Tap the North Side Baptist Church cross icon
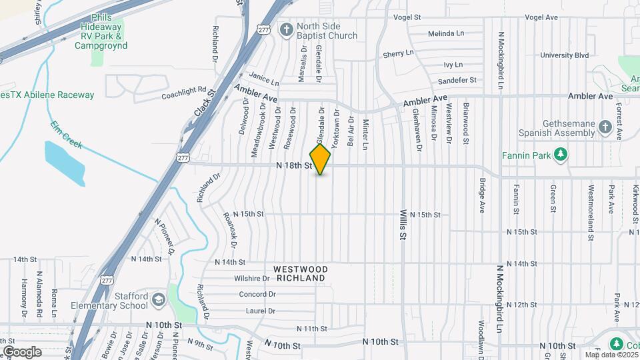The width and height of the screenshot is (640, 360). point(287,29)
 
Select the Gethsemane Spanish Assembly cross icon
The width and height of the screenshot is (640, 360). point(605,126)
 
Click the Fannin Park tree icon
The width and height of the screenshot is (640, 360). point(561,155)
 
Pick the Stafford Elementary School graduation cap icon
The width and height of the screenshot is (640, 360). point(159,299)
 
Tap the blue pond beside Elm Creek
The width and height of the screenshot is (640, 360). point(65,162)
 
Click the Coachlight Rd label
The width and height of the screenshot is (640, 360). point(184,93)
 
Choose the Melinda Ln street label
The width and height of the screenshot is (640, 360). point(446,33)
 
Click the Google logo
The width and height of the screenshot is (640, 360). point(22,351)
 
